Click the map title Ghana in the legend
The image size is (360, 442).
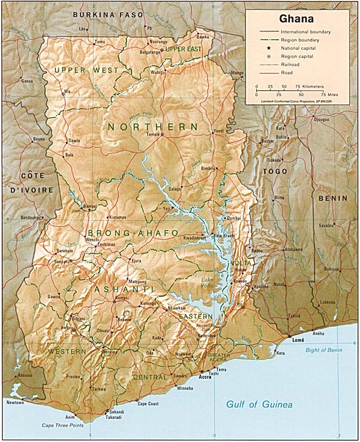point(297,19)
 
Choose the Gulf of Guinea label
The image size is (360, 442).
point(259,405)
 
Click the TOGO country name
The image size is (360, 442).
point(275,172)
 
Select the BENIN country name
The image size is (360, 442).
point(333,198)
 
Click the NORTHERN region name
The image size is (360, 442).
point(153,127)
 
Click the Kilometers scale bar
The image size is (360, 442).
point(284,90)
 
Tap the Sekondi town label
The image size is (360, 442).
point(117,412)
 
